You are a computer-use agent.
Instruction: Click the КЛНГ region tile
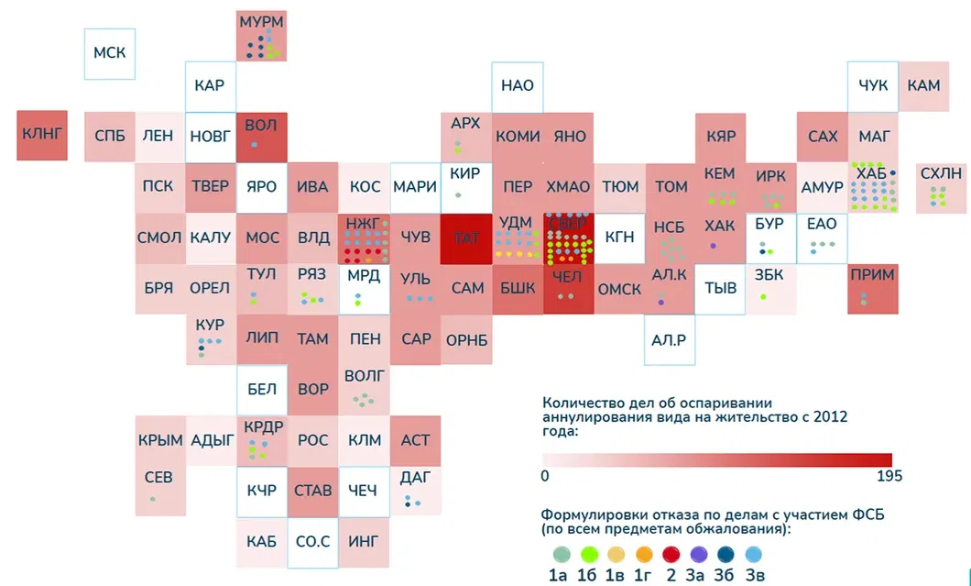[42, 135]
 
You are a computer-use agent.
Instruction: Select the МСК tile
[110, 52]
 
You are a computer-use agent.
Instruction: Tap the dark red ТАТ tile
[466, 238]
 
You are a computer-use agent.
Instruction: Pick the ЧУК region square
[873, 85]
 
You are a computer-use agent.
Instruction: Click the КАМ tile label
[923, 85]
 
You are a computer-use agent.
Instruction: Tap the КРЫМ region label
[160, 440]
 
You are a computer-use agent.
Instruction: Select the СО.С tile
[313, 542]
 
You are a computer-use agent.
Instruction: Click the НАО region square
[518, 85]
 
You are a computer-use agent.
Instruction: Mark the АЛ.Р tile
[670, 339]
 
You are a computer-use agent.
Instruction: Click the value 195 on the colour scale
[889, 476]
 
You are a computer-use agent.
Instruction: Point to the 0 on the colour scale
[545, 476]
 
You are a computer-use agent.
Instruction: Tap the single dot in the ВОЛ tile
[254, 144]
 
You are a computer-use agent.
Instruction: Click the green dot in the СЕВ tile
[153, 499]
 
